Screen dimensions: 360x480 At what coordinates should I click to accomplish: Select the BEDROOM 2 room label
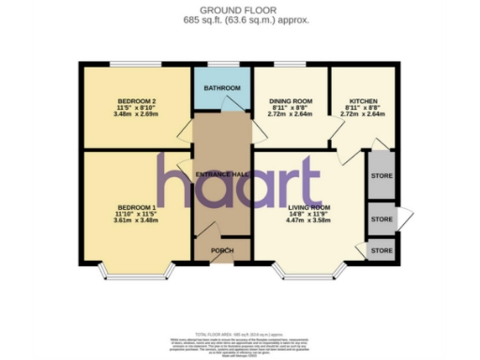137,100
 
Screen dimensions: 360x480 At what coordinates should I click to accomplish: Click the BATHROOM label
223,88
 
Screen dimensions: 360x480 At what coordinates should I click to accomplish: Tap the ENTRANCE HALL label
221,174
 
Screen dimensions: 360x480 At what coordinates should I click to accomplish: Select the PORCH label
222,250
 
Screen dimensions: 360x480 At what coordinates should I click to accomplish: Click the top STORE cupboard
382,175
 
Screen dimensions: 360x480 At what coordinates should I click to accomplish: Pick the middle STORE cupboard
382,218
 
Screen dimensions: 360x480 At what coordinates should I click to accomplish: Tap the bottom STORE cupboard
382,250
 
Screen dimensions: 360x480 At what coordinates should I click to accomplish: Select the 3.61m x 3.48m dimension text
137,220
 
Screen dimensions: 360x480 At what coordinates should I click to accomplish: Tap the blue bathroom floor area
223,98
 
